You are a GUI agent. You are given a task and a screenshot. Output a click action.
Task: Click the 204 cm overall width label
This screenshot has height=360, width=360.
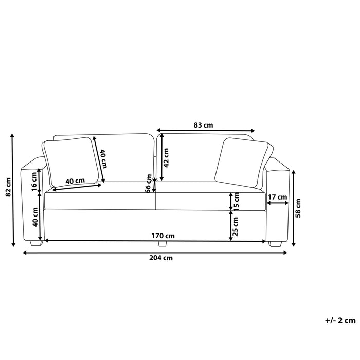[x=161, y=258]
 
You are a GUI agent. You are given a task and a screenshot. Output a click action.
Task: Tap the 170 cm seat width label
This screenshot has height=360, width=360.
[x=163, y=236]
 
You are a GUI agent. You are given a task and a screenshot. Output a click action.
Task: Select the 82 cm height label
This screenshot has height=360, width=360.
[x=8, y=187]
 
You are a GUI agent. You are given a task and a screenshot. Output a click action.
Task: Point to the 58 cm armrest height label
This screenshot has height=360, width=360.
[x=298, y=208]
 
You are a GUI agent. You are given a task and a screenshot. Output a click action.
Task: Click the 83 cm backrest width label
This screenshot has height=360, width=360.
[x=204, y=125]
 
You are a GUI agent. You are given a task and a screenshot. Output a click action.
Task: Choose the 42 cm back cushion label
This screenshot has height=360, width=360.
[x=166, y=157]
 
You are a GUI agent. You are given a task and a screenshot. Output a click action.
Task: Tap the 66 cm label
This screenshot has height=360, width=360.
[x=149, y=184]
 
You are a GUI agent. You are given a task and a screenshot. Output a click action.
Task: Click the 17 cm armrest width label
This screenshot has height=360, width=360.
[x=278, y=197]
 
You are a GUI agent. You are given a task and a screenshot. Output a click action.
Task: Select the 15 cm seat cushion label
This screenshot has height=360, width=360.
[x=236, y=201]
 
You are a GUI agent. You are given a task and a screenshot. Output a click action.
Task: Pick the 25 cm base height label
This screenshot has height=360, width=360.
[x=236, y=226]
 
